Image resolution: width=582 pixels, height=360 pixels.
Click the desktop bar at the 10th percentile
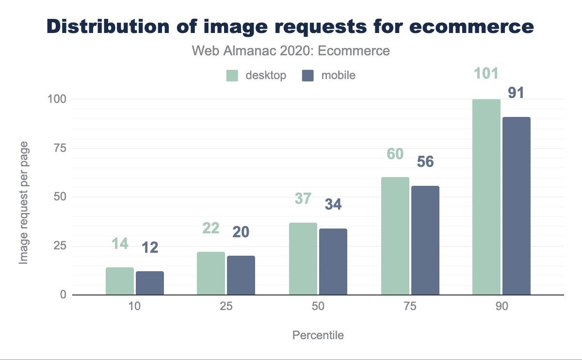(x=120, y=281)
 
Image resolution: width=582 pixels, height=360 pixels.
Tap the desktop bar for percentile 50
(x=303, y=259)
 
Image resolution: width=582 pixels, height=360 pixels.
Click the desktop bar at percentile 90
(x=486, y=196)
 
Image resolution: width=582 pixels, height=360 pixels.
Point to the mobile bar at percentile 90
(x=517, y=206)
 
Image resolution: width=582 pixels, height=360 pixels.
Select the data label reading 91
(x=516, y=93)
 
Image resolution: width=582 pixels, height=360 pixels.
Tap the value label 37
(x=303, y=198)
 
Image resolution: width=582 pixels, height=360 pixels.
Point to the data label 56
(x=425, y=162)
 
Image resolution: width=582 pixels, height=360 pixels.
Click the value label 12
(x=150, y=248)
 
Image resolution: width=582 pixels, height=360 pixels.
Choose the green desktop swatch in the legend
(x=232, y=76)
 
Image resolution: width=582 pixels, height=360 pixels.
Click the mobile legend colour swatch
(x=308, y=76)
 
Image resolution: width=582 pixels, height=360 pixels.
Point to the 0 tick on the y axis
(x=63, y=295)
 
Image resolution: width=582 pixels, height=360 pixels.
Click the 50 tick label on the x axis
(x=318, y=308)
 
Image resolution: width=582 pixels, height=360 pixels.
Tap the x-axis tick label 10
(x=134, y=308)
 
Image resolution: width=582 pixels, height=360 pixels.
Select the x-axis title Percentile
(x=318, y=335)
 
